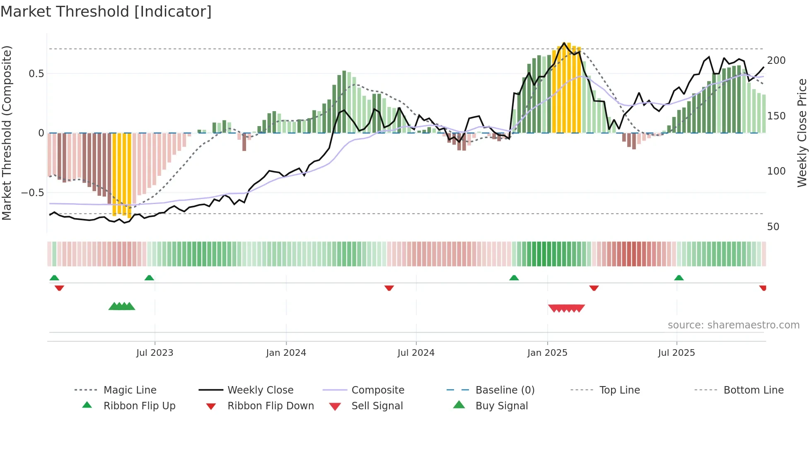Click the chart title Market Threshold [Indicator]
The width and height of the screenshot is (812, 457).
click(106, 12)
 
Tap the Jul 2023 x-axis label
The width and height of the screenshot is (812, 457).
click(155, 353)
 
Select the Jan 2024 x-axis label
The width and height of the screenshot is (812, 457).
click(286, 353)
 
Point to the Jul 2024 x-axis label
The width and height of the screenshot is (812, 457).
click(416, 353)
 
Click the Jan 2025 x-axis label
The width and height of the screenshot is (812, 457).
click(547, 353)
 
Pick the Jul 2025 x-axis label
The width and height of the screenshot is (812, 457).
click(677, 353)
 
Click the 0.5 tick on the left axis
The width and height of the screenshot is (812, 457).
click(36, 74)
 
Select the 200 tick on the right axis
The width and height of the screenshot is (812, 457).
click(776, 61)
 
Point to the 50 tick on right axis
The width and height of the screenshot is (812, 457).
click(773, 227)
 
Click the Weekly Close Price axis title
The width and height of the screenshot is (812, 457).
click(802, 133)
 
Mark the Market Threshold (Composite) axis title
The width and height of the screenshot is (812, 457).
click(7, 133)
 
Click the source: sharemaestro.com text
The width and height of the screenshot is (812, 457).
click(733, 325)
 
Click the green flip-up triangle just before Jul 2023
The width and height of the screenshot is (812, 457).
click(149, 278)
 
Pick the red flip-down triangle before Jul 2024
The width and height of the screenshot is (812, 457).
click(389, 288)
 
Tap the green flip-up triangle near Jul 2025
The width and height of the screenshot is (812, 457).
click(679, 278)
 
